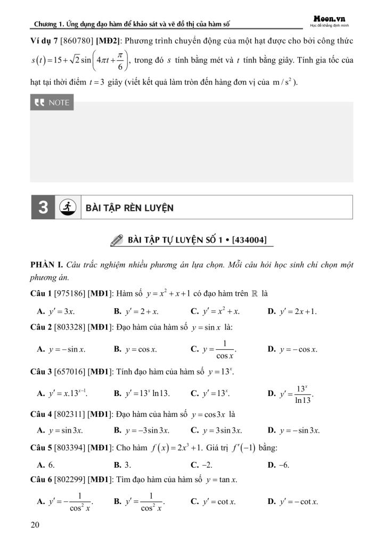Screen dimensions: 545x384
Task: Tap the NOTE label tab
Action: coord(52,103)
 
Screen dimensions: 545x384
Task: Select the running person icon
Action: coord(68,207)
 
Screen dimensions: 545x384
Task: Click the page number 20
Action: coord(36,525)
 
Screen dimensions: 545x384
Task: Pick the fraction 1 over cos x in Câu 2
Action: coord(218,350)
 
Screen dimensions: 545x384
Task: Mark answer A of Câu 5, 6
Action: coord(43,465)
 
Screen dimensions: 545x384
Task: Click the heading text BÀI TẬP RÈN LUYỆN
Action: coord(129,208)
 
